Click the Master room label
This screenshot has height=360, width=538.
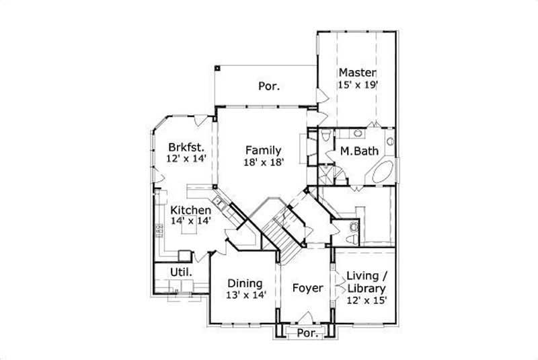point(357,73)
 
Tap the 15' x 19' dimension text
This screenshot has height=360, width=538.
point(358,85)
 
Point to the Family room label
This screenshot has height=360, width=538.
point(263,150)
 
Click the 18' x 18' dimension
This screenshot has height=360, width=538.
point(263,162)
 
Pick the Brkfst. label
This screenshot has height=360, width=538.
point(186,146)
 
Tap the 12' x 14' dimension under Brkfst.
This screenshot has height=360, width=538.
point(186,158)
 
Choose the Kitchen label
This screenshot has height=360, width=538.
point(190,211)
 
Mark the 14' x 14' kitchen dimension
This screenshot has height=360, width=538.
point(190,223)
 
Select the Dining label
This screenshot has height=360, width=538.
point(244,283)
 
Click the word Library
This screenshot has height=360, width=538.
point(367,289)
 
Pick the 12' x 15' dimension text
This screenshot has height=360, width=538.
point(367,300)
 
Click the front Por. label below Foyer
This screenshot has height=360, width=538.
point(307,333)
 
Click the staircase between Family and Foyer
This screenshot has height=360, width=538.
point(276,231)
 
